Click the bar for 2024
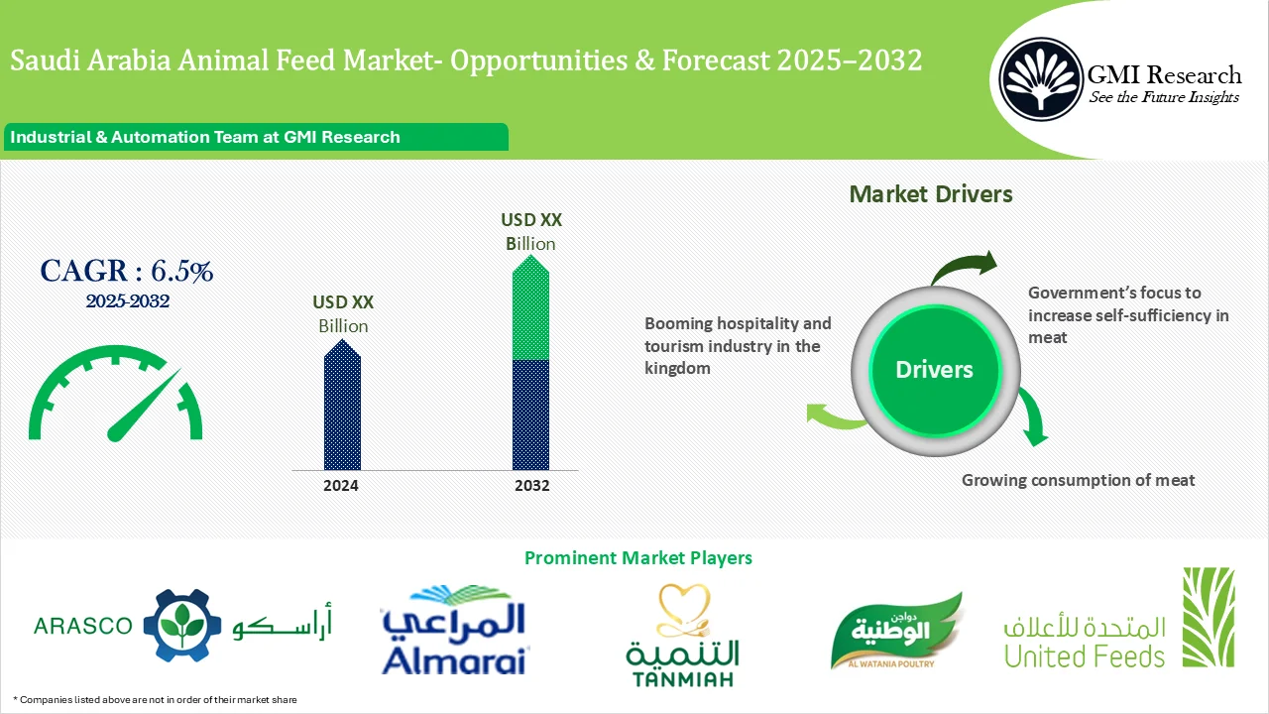(x=342, y=407)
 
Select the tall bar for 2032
(x=530, y=367)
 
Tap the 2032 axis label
(x=532, y=486)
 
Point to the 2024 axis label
(x=341, y=486)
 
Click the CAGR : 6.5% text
(x=126, y=270)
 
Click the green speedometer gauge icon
(x=115, y=395)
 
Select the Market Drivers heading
(x=931, y=194)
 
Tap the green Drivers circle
(x=934, y=370)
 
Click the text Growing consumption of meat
(x=1078, y=480)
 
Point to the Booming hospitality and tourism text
(x=738, y=345)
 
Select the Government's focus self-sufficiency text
(x=1127, y=314)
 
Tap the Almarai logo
(x=455, y=631)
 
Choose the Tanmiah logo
(x=682, y=636)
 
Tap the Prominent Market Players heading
(x=637, y=558)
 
